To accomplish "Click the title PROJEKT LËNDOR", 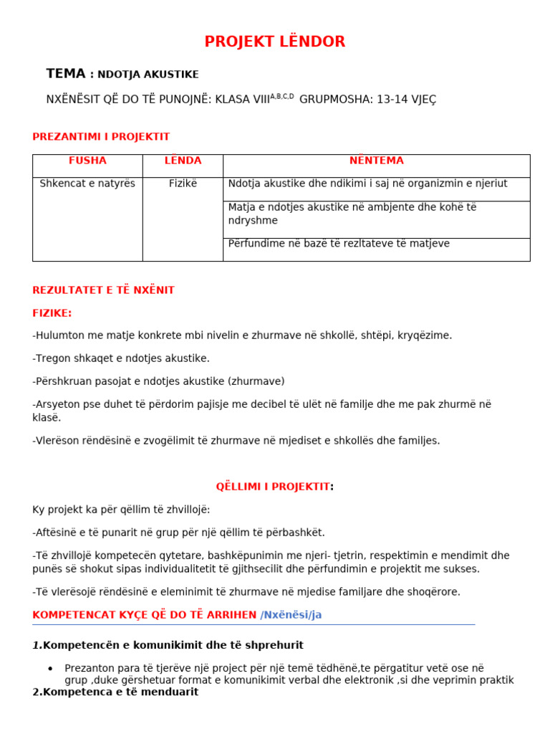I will pos(275,42).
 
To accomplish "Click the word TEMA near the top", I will pos(65,74).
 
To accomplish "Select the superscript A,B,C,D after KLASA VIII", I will pos(281,96).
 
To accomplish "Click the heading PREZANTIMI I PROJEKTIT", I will pos(101,137).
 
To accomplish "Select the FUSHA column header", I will pos(87,161).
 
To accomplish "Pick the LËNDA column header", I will pos(183,161).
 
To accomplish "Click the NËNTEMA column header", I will pos(376,161).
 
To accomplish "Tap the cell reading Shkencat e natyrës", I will pos(87,183).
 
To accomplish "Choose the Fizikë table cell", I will pos(183,183).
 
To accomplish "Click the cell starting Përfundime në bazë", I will pos(339,244).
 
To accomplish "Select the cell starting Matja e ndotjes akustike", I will pos(352,214).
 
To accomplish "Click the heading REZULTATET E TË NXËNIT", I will pos(103,290).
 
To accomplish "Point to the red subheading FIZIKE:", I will pos(52,313).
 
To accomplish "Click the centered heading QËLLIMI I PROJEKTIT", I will pos(273,487).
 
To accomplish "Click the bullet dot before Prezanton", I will pos(50,669).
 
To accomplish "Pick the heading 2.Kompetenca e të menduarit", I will pos(115,692).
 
